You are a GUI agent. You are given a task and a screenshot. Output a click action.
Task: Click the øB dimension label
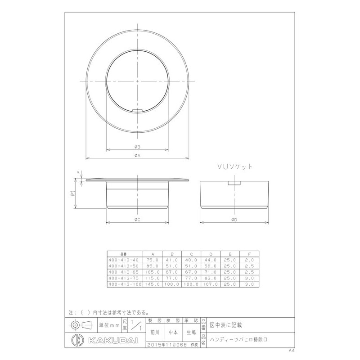coord(138,147)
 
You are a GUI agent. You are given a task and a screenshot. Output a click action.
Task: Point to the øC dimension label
coord(138,220)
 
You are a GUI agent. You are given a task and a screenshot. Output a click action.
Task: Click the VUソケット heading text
coord(234,166)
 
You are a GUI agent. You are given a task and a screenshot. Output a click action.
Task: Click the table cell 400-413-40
coord(124,260)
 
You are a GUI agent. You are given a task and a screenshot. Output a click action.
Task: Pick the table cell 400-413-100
coord(125,284)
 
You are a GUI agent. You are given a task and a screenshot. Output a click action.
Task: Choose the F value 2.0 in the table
coord(250,260)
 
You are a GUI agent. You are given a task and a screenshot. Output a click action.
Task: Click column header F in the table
coord(250,253)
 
